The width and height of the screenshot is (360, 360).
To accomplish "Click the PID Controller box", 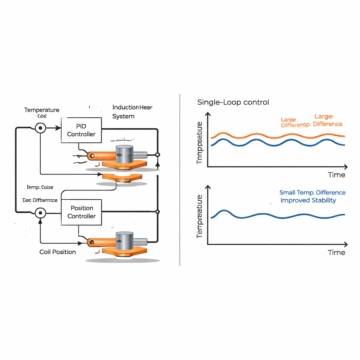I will click(x=81, y=130).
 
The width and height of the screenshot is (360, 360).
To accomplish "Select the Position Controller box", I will click(x=81, y=212).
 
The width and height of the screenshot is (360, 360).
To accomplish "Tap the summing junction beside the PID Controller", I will click(x=40, y=128).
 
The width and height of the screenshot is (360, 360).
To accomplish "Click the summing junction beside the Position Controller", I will click(x=40, y=212).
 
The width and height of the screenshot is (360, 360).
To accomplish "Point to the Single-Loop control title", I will click(x=233, y=102).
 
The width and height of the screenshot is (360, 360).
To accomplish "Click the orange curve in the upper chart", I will click(x=257, y=135).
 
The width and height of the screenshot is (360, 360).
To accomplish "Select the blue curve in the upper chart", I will click(x=257, y=142).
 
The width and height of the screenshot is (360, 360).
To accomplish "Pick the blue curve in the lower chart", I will click(x=267, y=214).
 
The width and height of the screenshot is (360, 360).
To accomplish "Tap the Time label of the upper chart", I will click(x=336, y=175).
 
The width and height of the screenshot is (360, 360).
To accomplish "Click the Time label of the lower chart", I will click(x=336, y=252).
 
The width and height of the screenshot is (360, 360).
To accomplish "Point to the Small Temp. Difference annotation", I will click(x=312, y=193).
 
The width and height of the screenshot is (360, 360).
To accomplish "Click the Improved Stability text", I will click(x=308, y=200).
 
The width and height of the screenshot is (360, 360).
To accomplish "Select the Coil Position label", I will click(x=58, y=252).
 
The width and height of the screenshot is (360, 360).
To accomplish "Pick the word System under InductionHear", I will click(x=123, y=116).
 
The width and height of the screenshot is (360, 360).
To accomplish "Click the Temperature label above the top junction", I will click(x=42, y=110).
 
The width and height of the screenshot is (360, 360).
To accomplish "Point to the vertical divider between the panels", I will click(x=180, y=179).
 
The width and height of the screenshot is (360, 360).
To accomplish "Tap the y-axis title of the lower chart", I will click(x=200, y=216).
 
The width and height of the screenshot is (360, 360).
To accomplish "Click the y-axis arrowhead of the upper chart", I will click(x=208, y=114).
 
